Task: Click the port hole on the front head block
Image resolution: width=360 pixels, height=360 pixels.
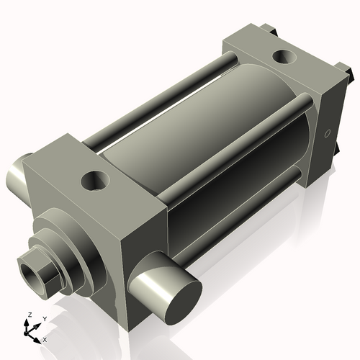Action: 94,180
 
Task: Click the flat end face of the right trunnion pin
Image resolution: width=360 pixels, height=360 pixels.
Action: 176,296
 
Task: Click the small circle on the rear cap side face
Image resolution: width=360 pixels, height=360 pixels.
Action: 327,133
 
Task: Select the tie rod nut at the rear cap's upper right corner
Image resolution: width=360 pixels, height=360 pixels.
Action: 348,72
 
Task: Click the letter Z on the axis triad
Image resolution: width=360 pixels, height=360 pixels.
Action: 28,315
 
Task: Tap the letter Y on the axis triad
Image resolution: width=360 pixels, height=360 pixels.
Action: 44,318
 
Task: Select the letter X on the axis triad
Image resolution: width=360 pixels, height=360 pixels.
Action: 45,338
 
